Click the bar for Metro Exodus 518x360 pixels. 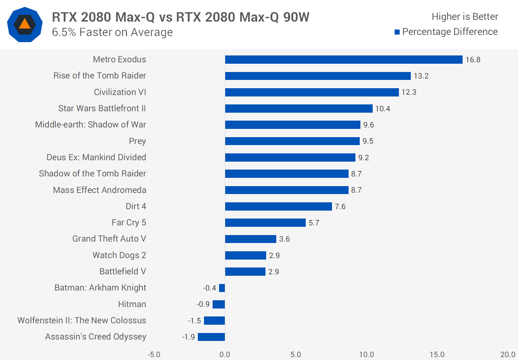pos(344,60)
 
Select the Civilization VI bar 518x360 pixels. pos(312,92)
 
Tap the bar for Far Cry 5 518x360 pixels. pos(265,223)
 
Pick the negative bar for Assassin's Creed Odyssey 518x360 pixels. pos(211,337)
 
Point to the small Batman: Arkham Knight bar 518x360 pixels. pos(222,288)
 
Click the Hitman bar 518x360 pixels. pos(219,305)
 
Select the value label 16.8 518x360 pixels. pos(473,60)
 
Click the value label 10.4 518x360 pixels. pos(382,109)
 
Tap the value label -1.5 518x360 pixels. pos(194,321)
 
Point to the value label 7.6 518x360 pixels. pos(340,207)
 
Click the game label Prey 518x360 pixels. pos(137,141)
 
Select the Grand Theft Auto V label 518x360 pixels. pos(109,239)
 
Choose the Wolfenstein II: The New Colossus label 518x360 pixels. pos(82,320)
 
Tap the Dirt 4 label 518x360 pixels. pos(136,206)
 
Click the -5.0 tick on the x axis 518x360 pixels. pos(154,355)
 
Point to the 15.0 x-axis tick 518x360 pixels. pos(437,355)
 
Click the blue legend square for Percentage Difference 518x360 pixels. pos(397,32)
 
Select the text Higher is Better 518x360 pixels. pos(465,17)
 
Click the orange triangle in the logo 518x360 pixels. pos(24,24)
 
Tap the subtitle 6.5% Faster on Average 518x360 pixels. pos(112,32)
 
